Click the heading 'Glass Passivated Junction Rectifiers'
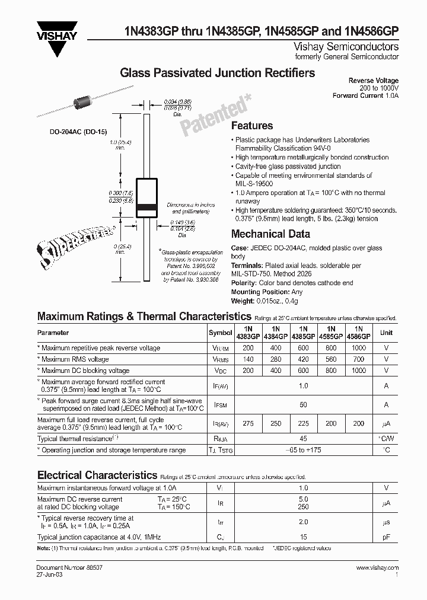(x=218, y=73)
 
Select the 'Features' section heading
(x=251, y=126)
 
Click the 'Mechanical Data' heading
(x=270, y=234)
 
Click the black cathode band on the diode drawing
(x=146, y=208)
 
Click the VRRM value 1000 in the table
(x=358, y=348)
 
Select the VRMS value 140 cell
(x=248, y=359)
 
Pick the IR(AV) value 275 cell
(x=248, y=423)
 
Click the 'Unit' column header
(x=386, y=333)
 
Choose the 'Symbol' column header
(x=221, y=333)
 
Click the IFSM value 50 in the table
(x=303, y=404)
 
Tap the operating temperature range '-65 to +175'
(x=303, y=451)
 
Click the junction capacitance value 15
(x=303, y=537)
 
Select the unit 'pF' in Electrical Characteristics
(x=386, y=537)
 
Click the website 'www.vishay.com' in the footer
(x=377, y=568)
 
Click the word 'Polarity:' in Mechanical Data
(x=244, y=283)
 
